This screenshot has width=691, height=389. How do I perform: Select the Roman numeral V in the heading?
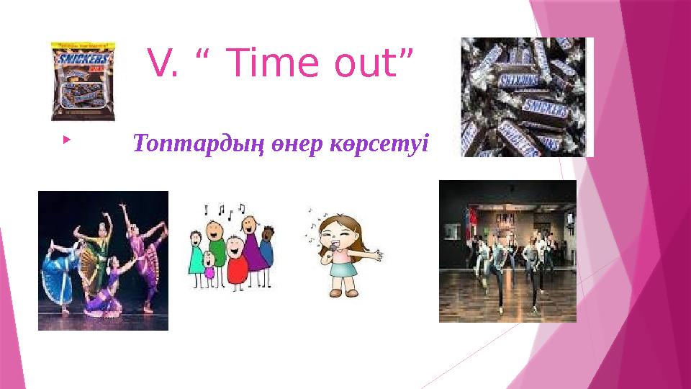159,64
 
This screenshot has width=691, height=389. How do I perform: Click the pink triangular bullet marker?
66,135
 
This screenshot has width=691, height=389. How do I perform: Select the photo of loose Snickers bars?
527,97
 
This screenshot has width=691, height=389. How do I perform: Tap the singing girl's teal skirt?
343,269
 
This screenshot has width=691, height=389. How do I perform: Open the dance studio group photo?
508,250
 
